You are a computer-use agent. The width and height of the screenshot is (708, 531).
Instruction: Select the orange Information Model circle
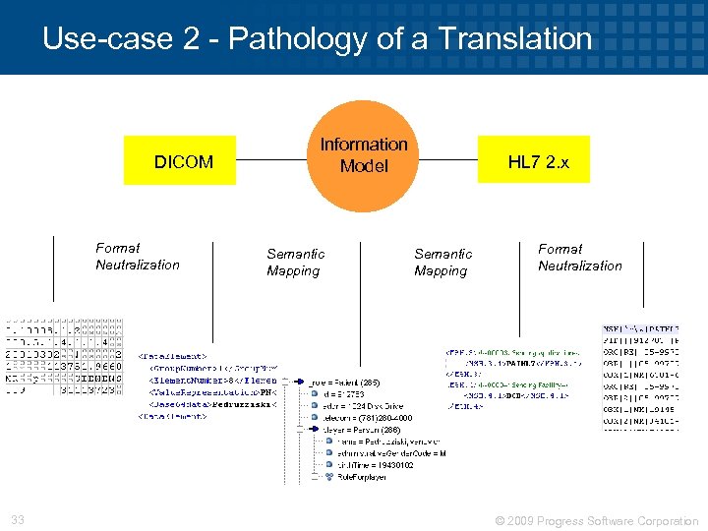(364, 156)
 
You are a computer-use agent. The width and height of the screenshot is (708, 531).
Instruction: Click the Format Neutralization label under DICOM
(138, 256)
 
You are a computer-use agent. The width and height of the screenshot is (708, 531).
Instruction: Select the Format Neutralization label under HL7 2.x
(580, 257)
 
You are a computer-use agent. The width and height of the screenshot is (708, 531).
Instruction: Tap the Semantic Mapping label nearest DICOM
(295, 262)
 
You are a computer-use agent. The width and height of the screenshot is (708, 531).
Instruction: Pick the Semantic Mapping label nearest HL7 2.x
(442, 262)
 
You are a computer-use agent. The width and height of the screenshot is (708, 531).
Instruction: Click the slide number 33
(18, 520)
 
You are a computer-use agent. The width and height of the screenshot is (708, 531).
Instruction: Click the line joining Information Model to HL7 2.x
(447, 160)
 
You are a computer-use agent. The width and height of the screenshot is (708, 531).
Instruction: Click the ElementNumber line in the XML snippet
(211, 379)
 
